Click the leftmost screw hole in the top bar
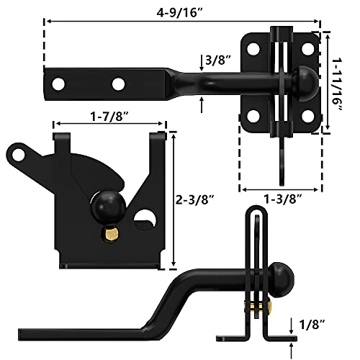coord(58,84)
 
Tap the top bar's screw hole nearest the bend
coord(117,84)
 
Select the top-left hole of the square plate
coord(253,49)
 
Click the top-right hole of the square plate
coord(307,49)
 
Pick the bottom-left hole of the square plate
coord(253,116)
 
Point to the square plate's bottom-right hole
coord(307,116)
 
